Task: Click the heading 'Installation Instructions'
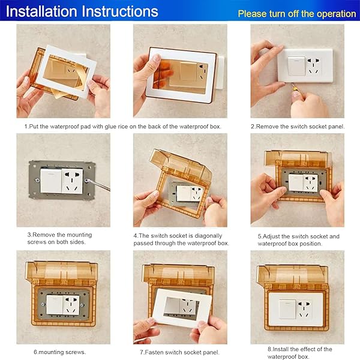83,11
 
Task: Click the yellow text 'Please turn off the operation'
296,13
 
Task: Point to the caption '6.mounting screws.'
59,352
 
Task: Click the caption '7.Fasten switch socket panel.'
179,352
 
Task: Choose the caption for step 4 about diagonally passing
180,239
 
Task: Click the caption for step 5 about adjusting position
298,240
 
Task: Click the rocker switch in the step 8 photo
286,308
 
